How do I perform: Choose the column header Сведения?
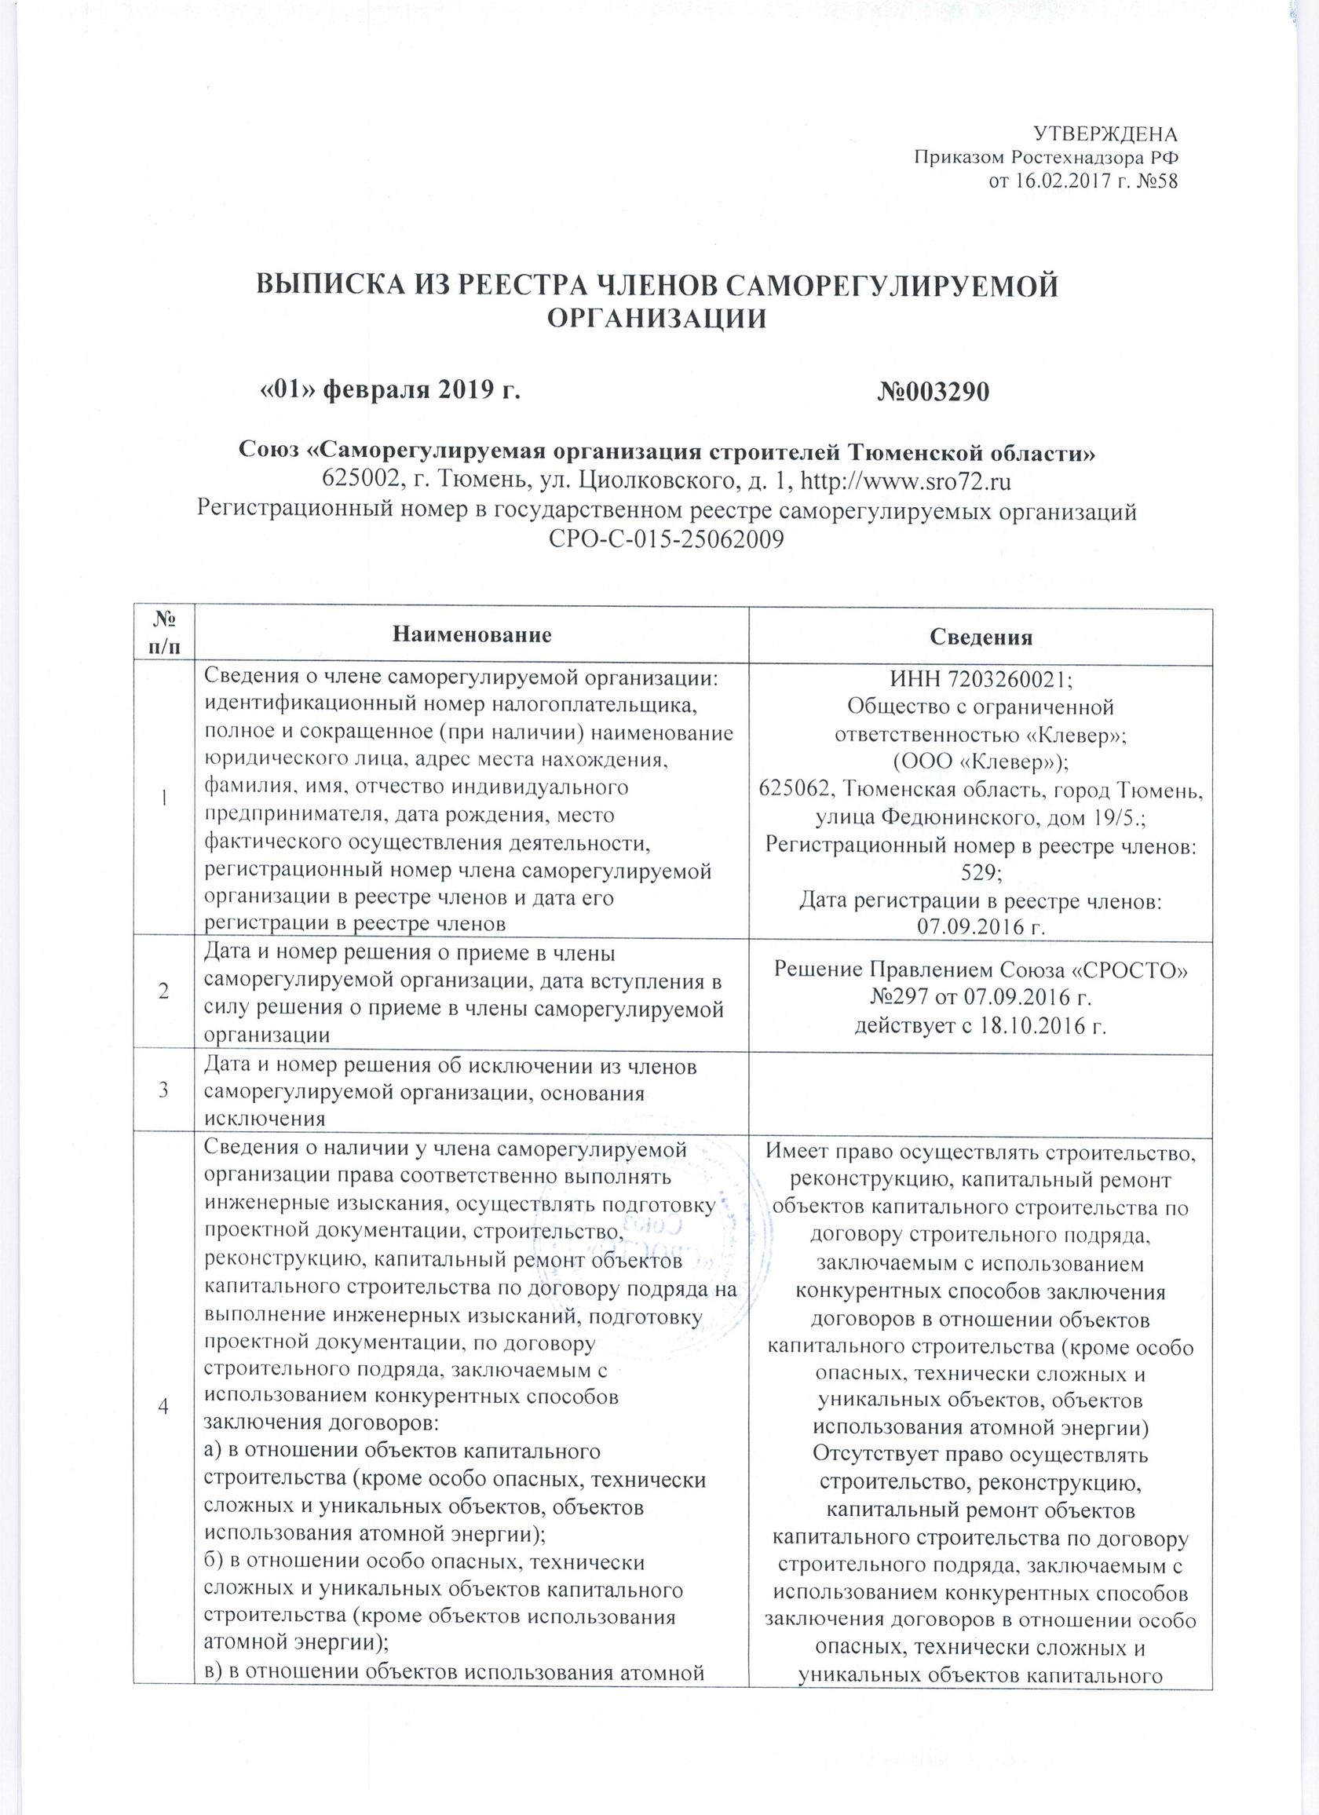(981, 637)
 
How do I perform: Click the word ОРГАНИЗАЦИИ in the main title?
(656, 319)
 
